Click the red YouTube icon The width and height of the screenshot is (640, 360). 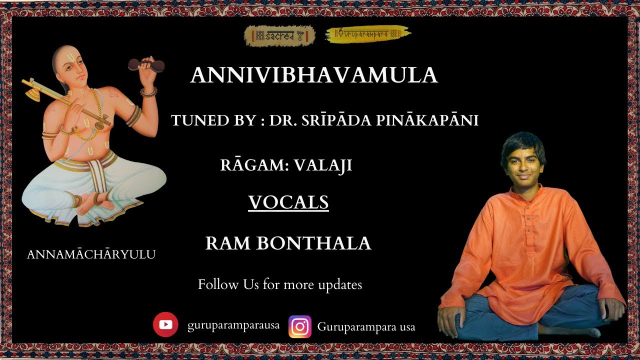tap(165, 325)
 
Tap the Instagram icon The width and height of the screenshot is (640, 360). tap(300, 326)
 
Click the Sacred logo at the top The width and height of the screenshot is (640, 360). tap(279, 35)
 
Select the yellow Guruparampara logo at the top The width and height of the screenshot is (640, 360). tap(368, 34)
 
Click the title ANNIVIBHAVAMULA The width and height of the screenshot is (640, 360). tap(314, 75)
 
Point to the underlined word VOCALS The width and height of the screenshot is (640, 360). tap(288, 202)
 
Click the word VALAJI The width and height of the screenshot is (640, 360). tap(323, 165)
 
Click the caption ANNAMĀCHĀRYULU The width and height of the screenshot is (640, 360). tap(91, 254)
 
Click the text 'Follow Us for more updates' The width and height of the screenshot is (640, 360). tap(280, 285)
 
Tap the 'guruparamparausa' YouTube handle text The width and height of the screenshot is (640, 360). tap(233, 326)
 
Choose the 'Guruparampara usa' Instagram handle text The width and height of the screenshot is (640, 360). tap(366, 327)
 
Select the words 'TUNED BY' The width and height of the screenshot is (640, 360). tap(213, 120)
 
